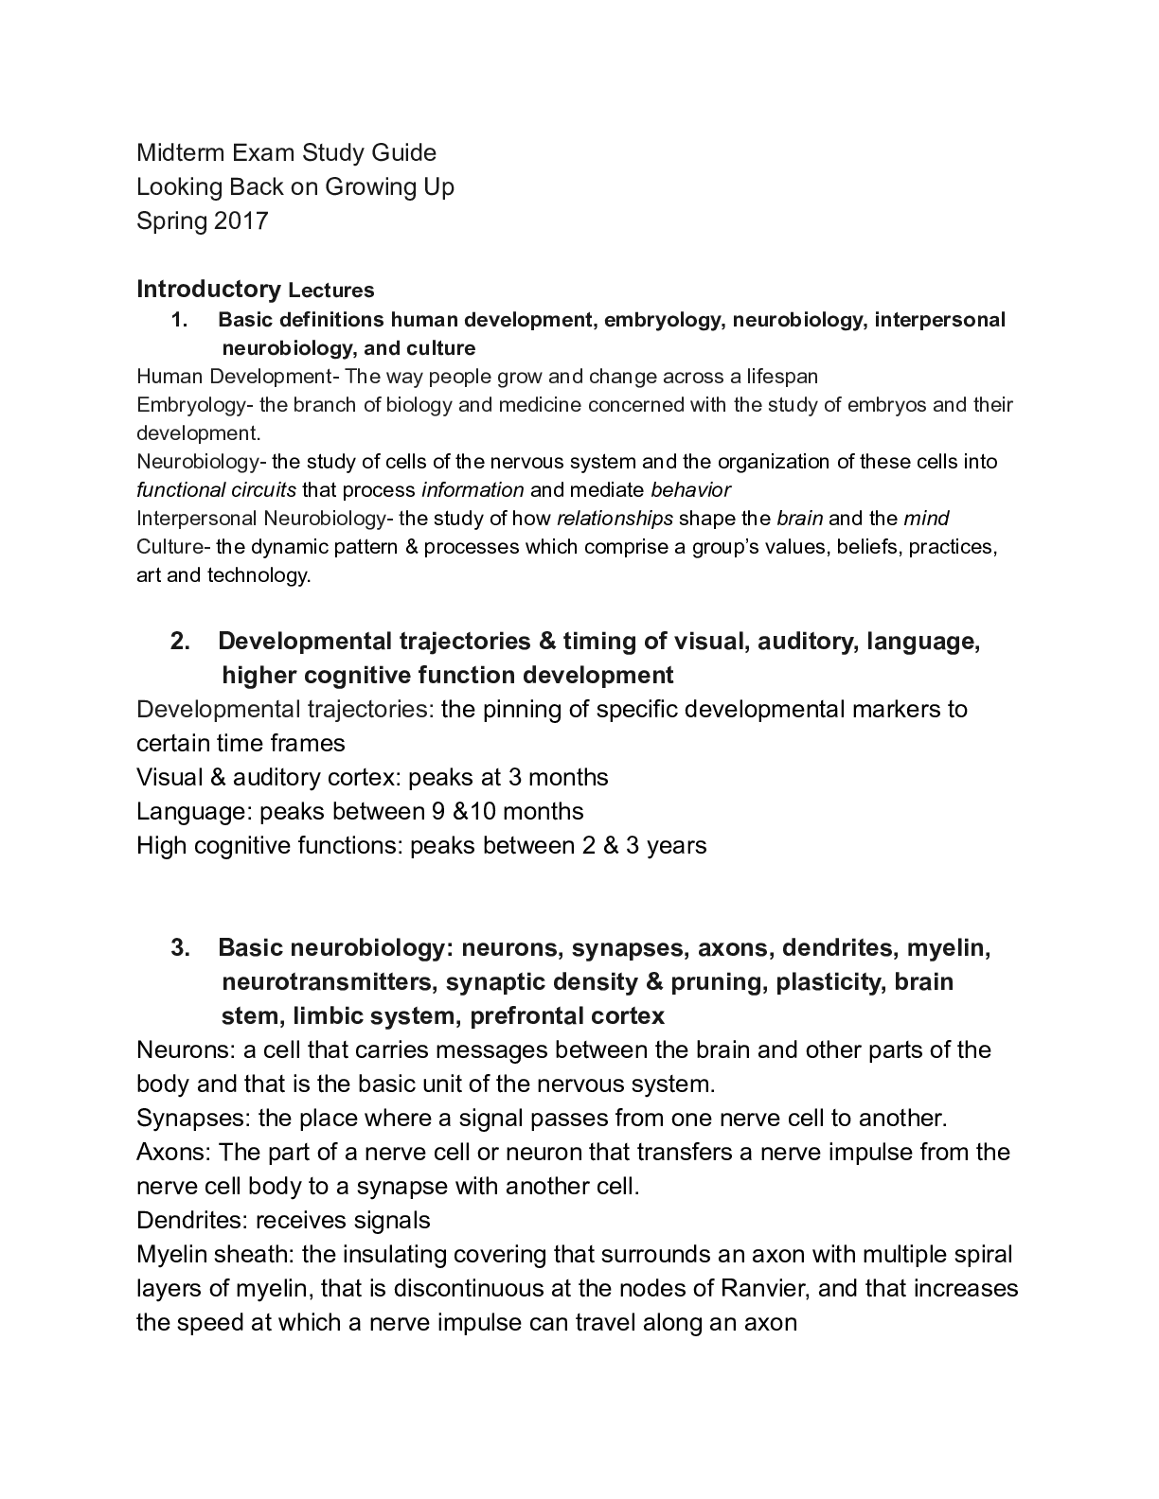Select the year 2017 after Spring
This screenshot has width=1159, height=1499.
(241, 220)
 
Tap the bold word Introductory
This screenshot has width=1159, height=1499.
(208, 289)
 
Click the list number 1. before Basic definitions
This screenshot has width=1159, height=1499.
(180, 320)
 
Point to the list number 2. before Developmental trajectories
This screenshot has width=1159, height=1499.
(180, 642)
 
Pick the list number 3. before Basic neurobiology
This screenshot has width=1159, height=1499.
(180, 948)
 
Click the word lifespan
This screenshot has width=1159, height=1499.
(782, 377)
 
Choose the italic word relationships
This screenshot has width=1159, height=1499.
(615, 519)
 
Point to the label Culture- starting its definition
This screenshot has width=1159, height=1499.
(174, 547)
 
